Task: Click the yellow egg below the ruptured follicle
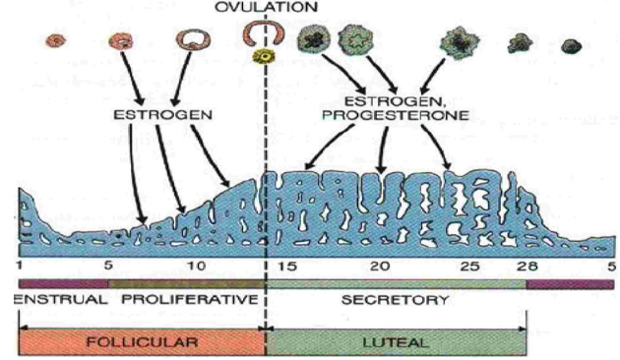pos(263,57)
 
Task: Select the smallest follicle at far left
pos(57,42)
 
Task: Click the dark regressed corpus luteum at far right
pos(569,45)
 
